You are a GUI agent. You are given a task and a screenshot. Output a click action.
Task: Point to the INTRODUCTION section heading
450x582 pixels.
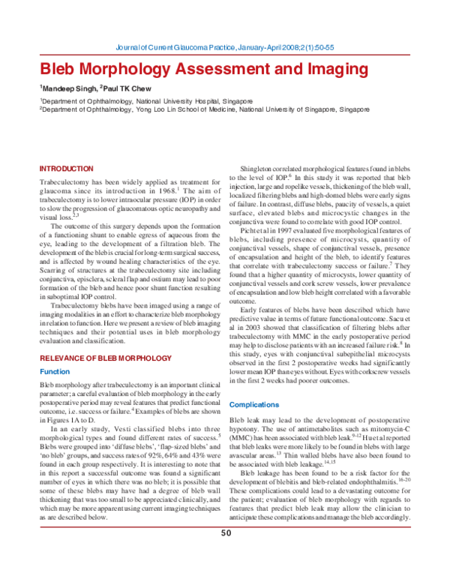coord(66,169)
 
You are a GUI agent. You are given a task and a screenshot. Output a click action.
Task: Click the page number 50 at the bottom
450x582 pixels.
coord(225,554)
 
